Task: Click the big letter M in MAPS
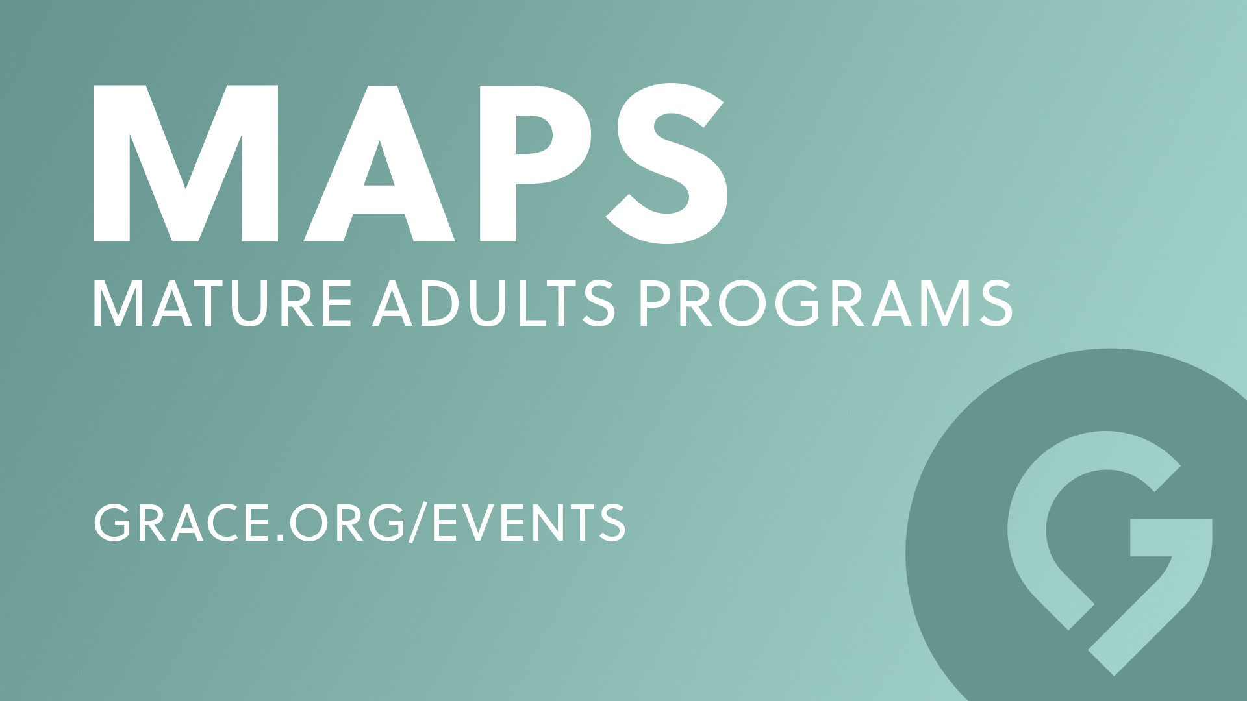click(186, 164)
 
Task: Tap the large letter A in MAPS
click(379, 164)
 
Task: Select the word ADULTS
click(494, 304)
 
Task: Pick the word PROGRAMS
click(825, 304)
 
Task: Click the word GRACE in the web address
click(181, 522)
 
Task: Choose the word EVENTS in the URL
click(529, 522)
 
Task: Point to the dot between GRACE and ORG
click(278, 537)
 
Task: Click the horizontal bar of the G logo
click(1171, 537)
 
